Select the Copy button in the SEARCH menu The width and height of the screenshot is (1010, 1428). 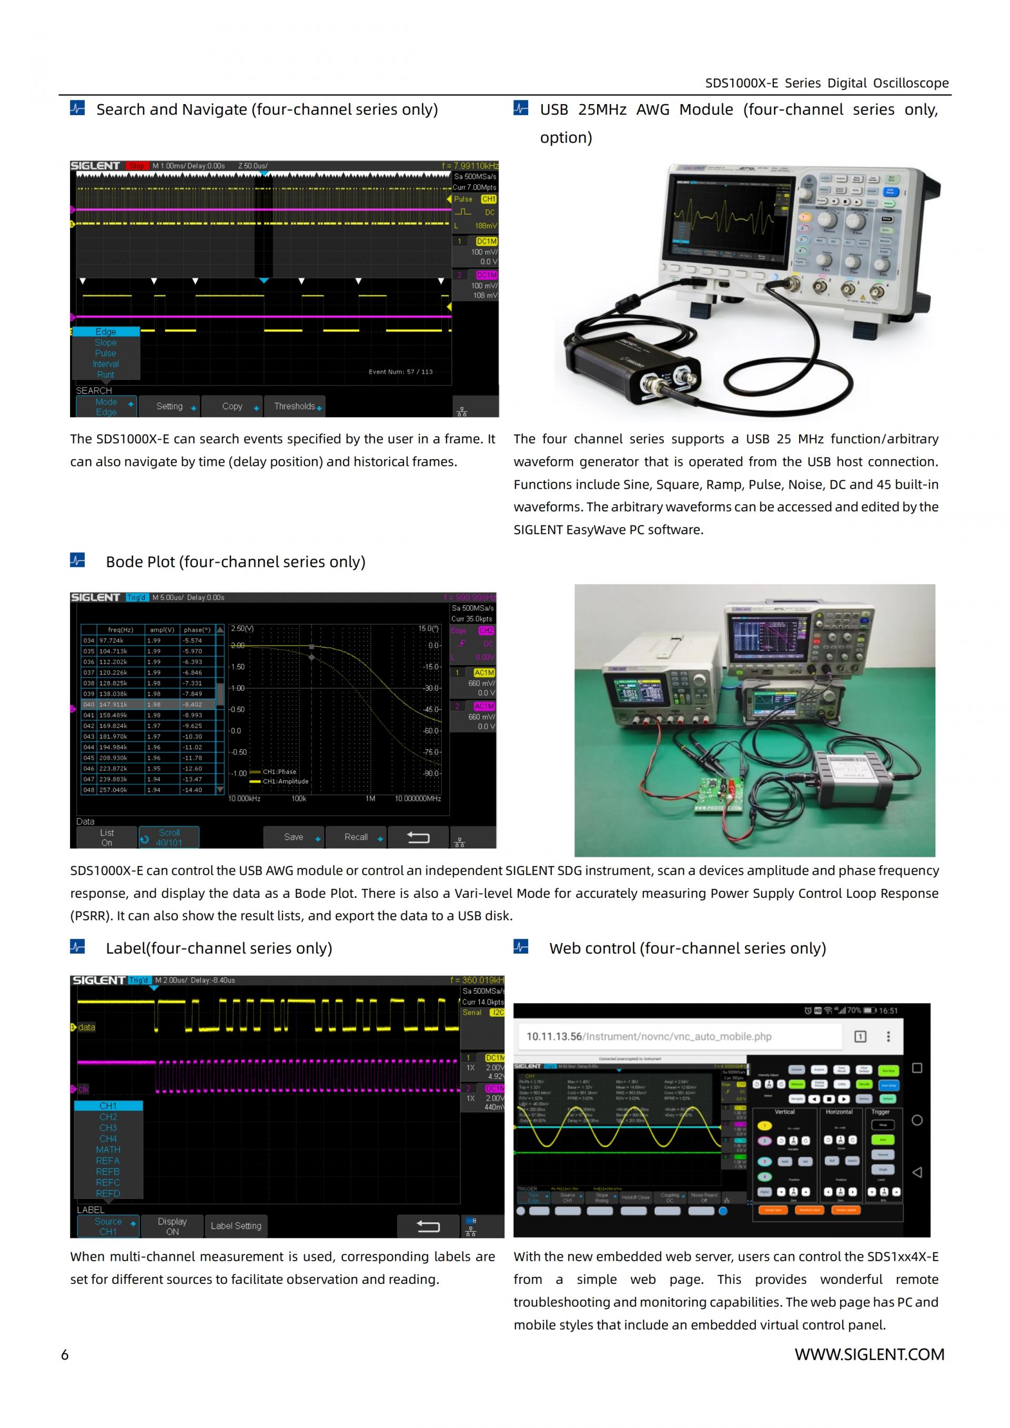click(232, 406)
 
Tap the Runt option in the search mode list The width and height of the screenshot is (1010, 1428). click(106, 374)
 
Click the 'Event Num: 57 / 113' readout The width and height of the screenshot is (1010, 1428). click(400, 372)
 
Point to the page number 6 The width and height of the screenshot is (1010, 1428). click(65, 1354)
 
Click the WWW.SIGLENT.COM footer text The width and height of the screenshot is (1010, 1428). click(869, 1354)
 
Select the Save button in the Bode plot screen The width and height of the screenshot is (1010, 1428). click(294, 837)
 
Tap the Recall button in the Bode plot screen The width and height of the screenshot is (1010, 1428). click(356, 837)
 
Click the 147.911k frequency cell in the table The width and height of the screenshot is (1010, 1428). click(113, 705)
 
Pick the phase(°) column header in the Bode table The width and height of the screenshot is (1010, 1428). click(197, 630)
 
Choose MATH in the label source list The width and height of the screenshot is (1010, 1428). click(108, 1150)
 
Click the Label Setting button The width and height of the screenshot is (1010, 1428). click(236, 1226)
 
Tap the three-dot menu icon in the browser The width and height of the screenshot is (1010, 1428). click(888, 1036)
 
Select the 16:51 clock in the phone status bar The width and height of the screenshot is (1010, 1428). click(888, 1011)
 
